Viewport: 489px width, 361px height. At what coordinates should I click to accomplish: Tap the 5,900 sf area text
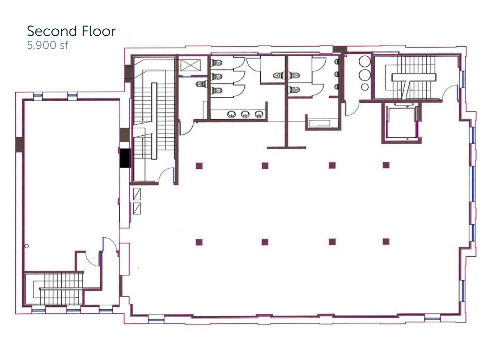(48, 45)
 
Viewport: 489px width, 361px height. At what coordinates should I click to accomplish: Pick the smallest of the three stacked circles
(365, 87)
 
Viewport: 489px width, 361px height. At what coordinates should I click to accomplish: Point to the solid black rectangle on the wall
(125, 158)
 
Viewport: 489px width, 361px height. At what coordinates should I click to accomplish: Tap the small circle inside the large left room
(27, 246)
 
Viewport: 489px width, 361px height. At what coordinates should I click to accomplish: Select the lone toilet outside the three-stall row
(200, 84)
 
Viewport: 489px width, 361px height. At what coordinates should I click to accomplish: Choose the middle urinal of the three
(336, 74)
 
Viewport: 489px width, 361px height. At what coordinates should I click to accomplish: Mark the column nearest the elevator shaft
(386, 165)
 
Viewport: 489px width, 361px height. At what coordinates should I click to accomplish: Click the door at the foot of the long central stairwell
(166, 175)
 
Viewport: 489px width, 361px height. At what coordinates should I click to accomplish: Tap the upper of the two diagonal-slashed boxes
(137, 194)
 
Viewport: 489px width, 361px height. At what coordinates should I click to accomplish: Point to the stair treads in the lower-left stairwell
(59, 288)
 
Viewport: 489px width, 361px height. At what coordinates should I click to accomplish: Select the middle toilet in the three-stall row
(217, 77)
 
